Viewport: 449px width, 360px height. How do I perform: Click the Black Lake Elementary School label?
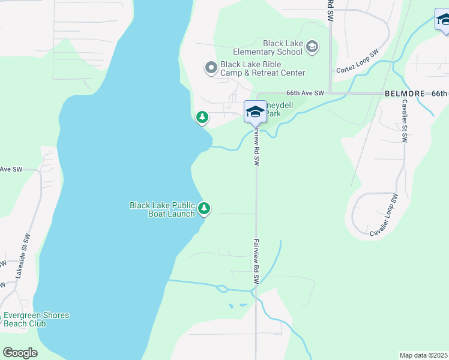[x=282, y=47]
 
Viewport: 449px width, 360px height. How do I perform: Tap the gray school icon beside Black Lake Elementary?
[x=312, y=47]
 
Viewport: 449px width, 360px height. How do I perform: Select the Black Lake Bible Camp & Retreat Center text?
[x=262, y=68]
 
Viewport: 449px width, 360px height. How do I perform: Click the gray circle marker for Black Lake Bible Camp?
[x=211, y=68]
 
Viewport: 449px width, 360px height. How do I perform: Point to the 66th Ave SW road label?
[x=305, y=93]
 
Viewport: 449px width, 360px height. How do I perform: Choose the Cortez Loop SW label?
[x=357, y=62]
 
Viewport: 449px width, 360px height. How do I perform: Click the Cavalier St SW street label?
[x=404, y=120]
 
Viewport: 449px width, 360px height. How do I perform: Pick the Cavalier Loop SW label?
[x=384, y=215]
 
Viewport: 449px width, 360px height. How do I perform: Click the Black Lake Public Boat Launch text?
[x=162, y=209]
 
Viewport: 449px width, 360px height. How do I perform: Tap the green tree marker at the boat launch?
[x=205, y=209]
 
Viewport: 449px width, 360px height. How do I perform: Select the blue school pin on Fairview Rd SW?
[x=255, y=112]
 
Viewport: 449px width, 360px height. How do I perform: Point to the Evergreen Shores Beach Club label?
[x=36, y=319]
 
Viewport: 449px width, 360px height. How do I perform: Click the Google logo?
[x=20, y=352]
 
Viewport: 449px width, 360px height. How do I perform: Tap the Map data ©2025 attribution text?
[x=423, y=355]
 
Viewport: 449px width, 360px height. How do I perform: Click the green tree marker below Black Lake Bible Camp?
[x=202, y=117]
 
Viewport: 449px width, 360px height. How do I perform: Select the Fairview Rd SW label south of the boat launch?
[x=256, y=262]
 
